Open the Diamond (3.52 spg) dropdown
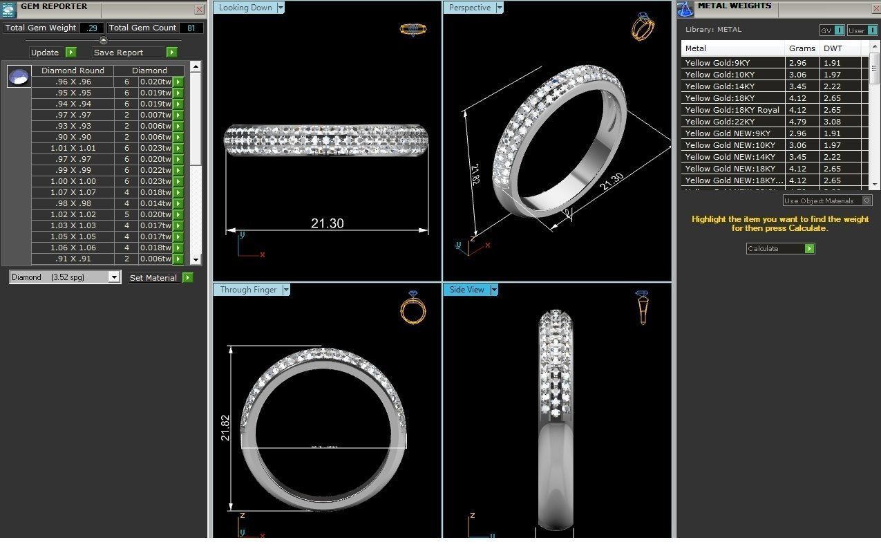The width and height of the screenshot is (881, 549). click(x=114, y=277)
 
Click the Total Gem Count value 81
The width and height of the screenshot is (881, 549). click(x=191, y=28)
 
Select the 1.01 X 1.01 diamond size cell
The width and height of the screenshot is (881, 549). click(x=73, y=148)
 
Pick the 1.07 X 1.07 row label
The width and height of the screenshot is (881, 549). click(x=73, y=192)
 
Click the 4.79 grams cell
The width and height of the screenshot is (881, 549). click(x=798, y=122)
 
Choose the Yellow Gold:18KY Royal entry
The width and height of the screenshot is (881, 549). click(x=732, y=110)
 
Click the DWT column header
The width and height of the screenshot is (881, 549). click(x=833, y=48)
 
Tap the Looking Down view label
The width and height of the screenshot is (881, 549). click(x=245, y=8)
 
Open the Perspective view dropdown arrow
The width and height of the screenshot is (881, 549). click(x=500, y=8)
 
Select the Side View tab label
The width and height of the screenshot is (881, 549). click(x=466, y=290)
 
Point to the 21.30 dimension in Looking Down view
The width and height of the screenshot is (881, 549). click(x=327, y=223)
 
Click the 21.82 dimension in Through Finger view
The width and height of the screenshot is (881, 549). click(x=225, y=428)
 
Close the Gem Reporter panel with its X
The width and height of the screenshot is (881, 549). click(x=199, y=10)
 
